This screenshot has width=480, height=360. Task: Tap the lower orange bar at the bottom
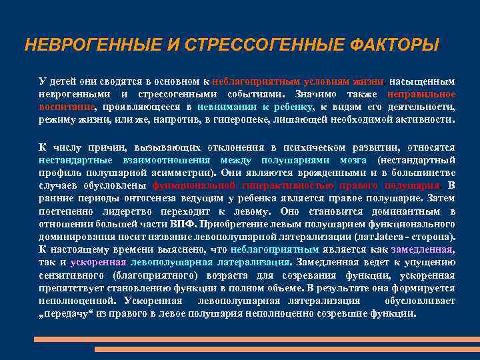click(287, 349)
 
